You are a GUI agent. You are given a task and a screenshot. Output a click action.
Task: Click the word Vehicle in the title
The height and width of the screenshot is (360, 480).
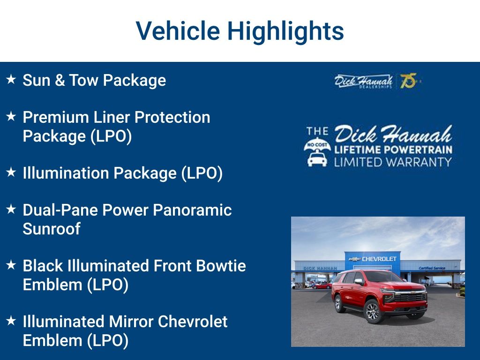tap(178, 31)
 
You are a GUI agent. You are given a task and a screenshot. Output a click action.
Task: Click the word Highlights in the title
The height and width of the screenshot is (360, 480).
tap(285, 31)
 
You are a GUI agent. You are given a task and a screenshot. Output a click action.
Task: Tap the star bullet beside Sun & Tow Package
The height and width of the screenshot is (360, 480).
tap(11, 80)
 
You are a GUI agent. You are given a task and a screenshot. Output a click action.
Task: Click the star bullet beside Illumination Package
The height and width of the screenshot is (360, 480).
tap(11, 172)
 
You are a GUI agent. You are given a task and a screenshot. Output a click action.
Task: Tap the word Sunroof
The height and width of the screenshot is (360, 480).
tap(52, 229)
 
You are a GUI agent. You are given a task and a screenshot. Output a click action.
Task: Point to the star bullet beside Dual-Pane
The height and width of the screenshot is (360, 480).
tap(11, 210)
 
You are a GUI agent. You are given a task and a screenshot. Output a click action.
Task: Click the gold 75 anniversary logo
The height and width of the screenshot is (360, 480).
tap(408, 81)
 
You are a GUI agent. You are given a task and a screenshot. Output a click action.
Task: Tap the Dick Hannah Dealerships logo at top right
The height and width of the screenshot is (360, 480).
tap(363, 81)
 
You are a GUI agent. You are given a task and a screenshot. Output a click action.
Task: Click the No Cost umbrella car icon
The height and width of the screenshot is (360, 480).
tap(317, 152)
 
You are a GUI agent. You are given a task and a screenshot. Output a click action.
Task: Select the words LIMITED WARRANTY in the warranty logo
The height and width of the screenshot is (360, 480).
tap(393, 162)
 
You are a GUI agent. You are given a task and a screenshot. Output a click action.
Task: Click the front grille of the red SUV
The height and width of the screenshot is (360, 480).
tap(410, 297)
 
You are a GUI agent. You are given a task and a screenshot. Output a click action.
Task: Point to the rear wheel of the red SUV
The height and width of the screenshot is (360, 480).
tap(338, 303)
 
